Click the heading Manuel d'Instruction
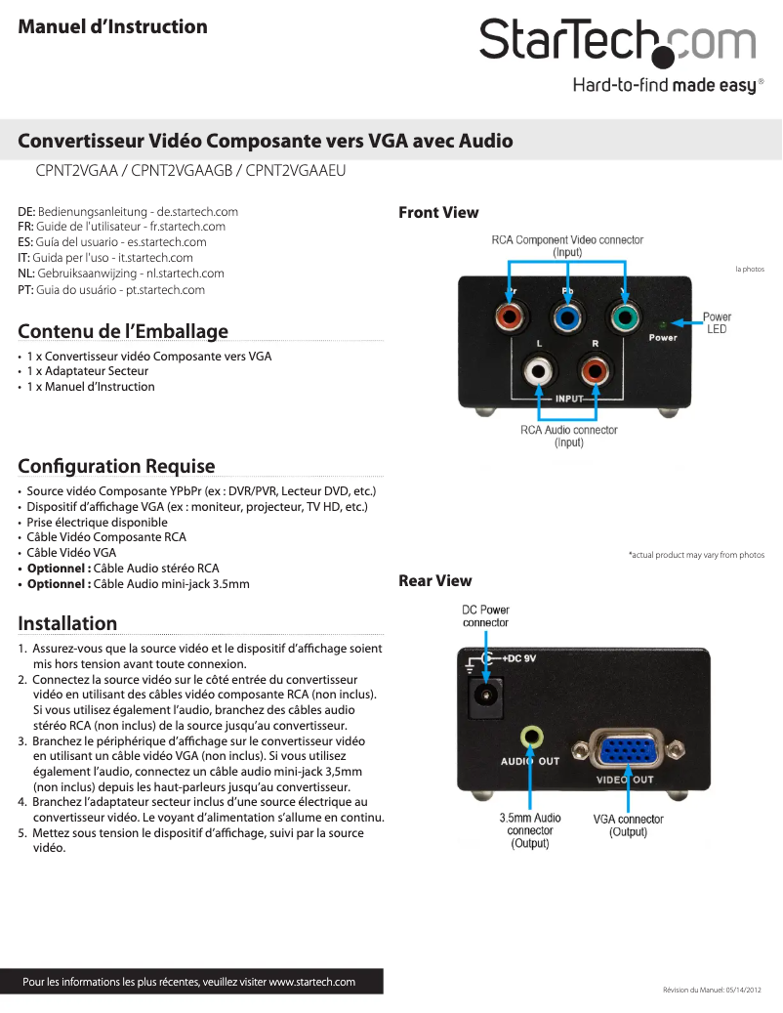pos(113,26)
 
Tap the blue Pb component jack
pos(567,317)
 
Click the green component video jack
pos(623,317)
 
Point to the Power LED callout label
pos(717,322)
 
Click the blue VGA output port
pos(626,750)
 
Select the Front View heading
pos(438,212)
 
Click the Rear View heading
pos(434,581)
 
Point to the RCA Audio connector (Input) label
pos(568,436)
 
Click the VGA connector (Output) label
pos(628,825)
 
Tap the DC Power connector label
pos(485,616)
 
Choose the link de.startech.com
pos(197,211)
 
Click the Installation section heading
pos(67,623)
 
